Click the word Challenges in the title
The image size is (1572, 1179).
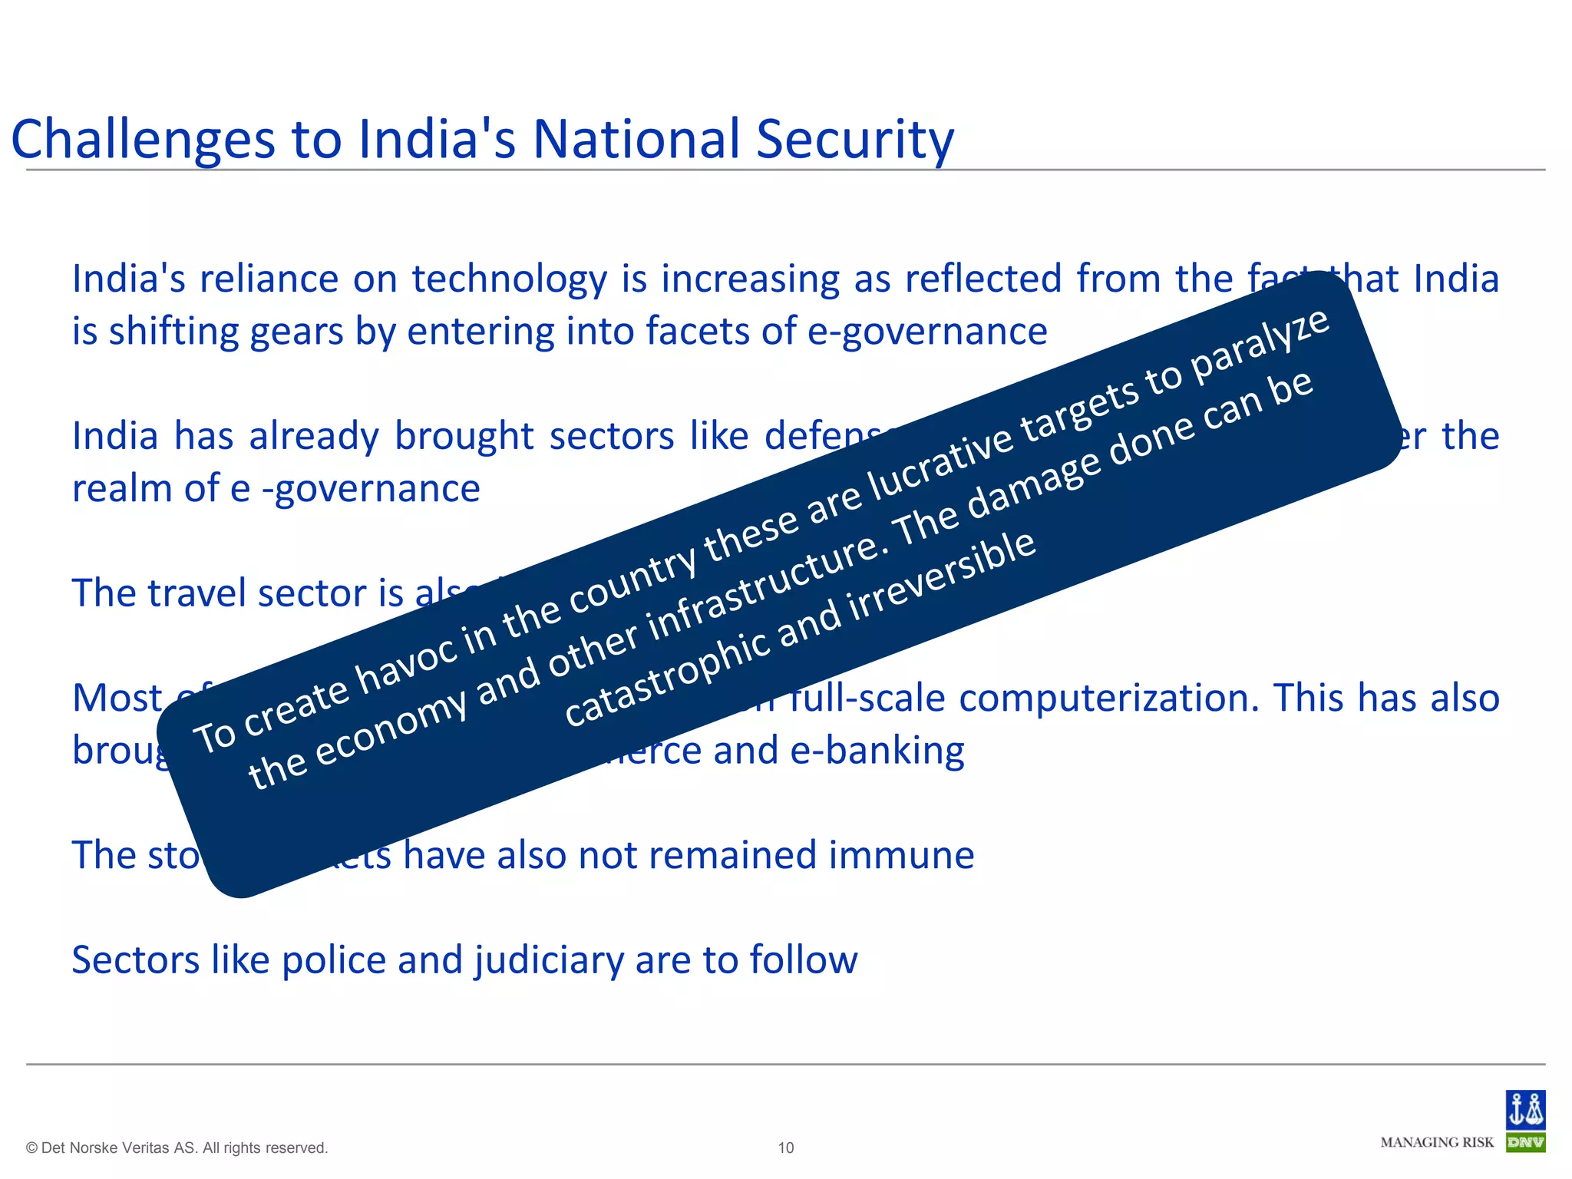143,140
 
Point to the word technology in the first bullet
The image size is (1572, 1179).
510,279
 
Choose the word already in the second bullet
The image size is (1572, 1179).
314,437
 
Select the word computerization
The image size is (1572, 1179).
1109,698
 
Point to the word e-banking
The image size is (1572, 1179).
877,751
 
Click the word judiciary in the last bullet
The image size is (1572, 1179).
549,960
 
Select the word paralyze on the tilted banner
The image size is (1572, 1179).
1259,348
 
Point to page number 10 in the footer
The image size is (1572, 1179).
786,1148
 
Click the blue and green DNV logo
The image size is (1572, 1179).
1525,1121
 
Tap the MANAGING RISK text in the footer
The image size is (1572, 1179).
1437,1142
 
